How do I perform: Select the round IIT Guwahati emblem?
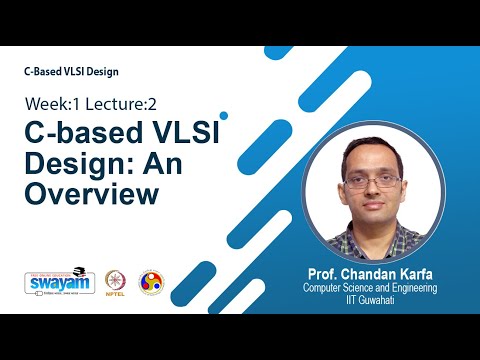151,281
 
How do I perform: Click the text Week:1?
55,104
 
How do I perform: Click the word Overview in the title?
92,193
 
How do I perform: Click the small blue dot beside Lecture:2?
224,115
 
